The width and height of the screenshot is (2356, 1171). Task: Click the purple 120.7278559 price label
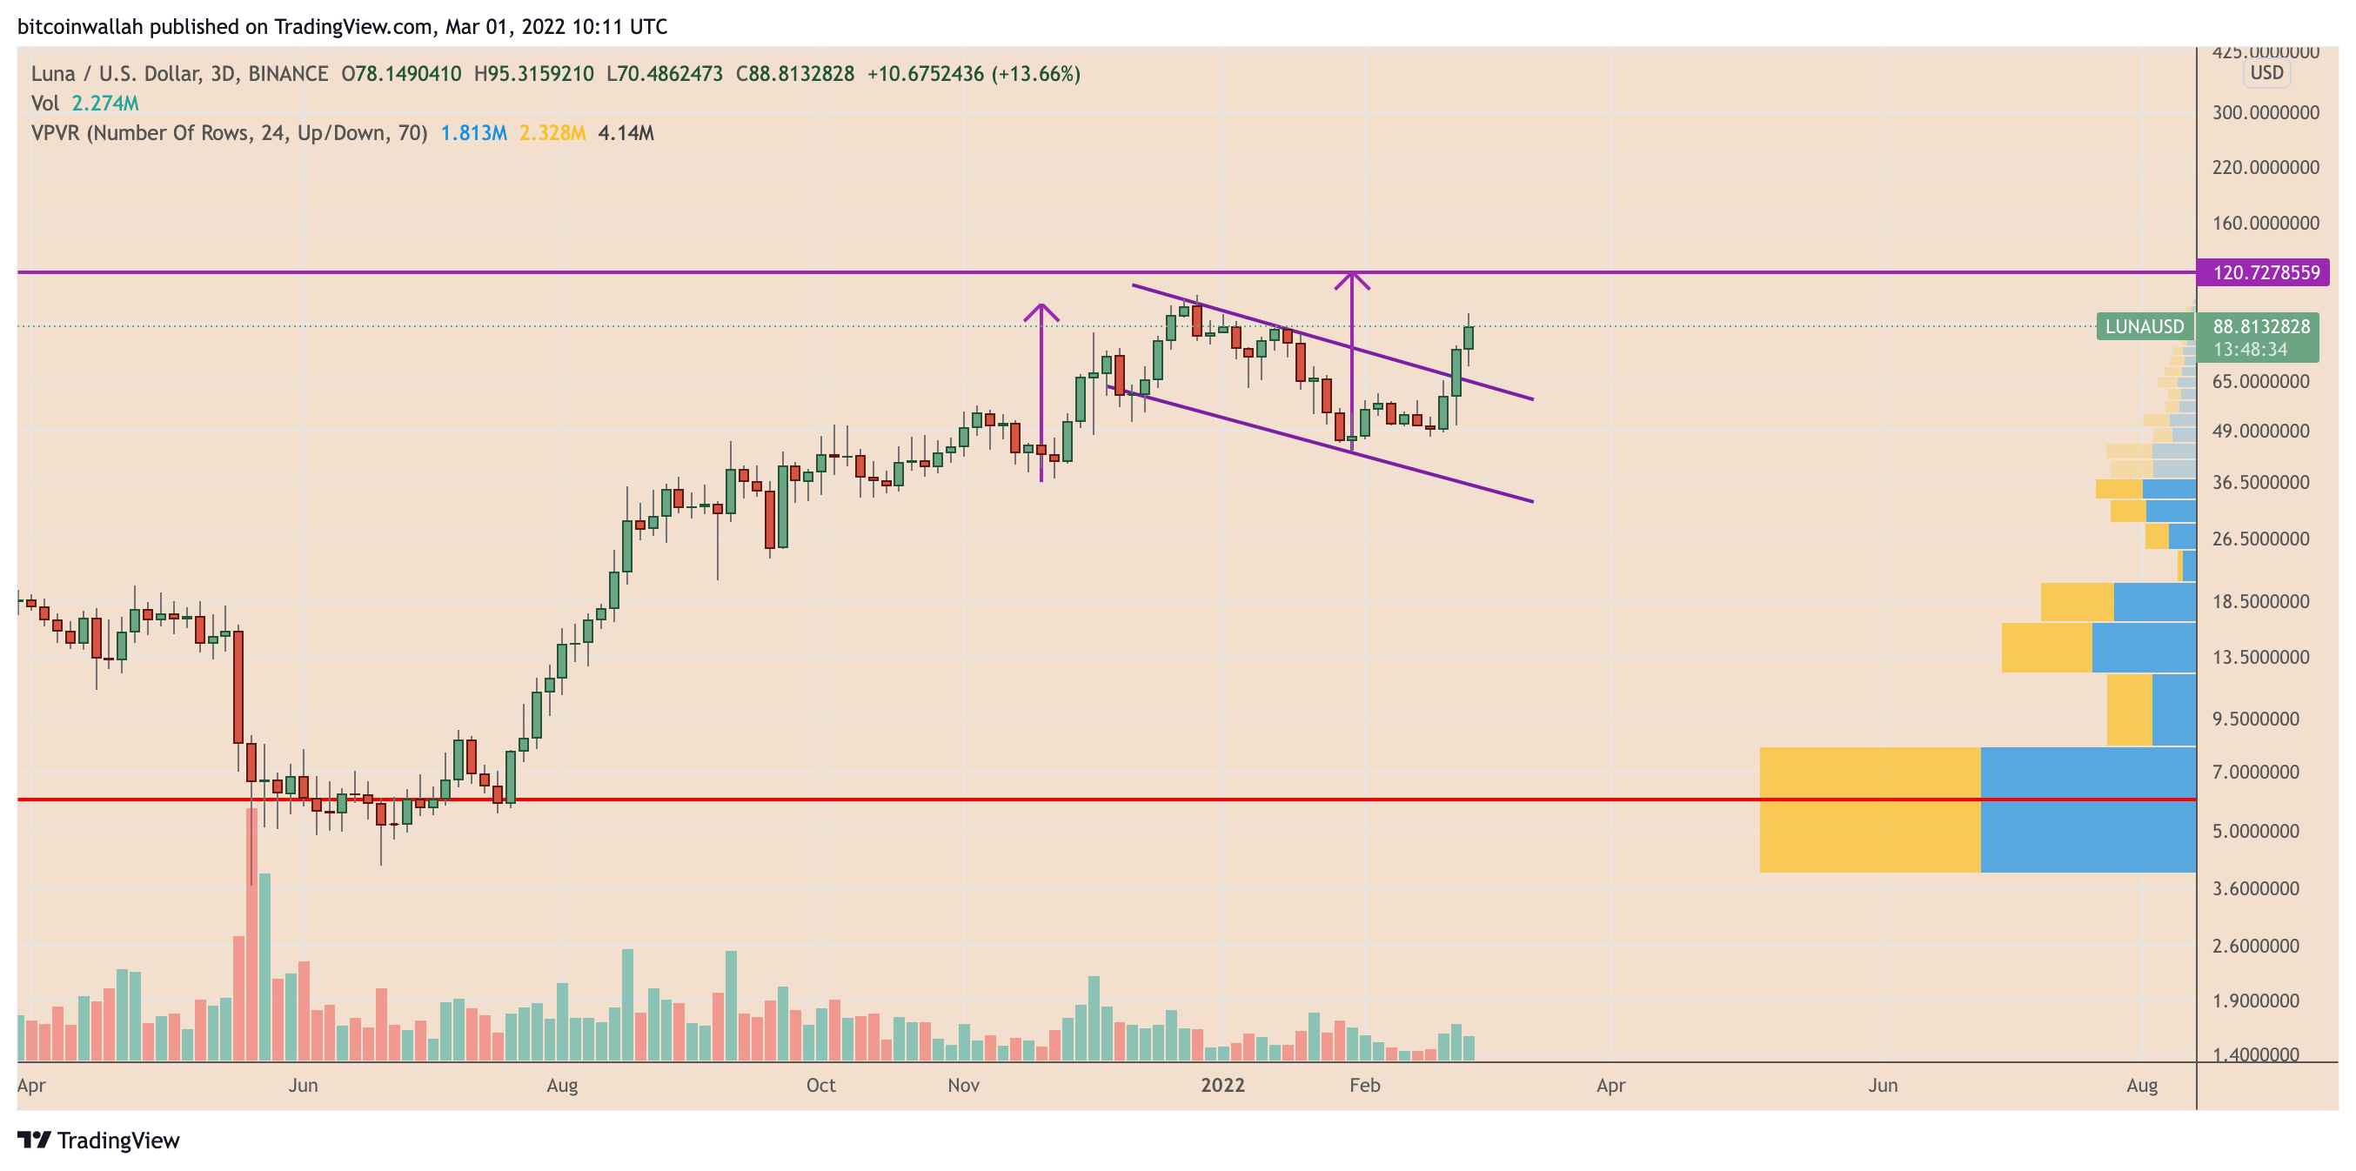click(2265, 272)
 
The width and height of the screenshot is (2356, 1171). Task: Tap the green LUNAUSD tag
click(2144, 326)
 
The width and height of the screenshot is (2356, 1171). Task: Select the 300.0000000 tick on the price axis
click(2265, 112)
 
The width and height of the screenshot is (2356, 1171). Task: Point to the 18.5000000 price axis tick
click(2260, 601)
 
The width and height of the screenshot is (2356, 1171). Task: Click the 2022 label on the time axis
click(1222, 1085)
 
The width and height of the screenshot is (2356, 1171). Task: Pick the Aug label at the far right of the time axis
click(2141, 1085)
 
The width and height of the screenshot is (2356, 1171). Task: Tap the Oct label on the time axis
click(820, 1085)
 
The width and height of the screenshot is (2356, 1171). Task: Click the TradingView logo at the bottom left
click(99, 1140)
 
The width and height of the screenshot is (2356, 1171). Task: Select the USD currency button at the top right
click(2266, 73)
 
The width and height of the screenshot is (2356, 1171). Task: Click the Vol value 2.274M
click(105, 104)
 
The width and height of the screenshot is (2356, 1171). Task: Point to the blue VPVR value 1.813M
click(472, 134)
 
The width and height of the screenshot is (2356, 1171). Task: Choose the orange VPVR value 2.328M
click(552, 134)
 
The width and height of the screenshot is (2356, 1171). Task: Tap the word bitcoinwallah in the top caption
click(81, 26)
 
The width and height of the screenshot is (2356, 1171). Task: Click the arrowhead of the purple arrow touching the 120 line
click(1352, 278)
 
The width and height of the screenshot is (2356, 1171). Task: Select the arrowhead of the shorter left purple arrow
click(1041, 311)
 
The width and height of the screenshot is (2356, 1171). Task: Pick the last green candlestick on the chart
click(1469, 337)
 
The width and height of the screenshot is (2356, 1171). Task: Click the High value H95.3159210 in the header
click(533, 74)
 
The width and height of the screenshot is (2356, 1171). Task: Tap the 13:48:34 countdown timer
click(2250, 350)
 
